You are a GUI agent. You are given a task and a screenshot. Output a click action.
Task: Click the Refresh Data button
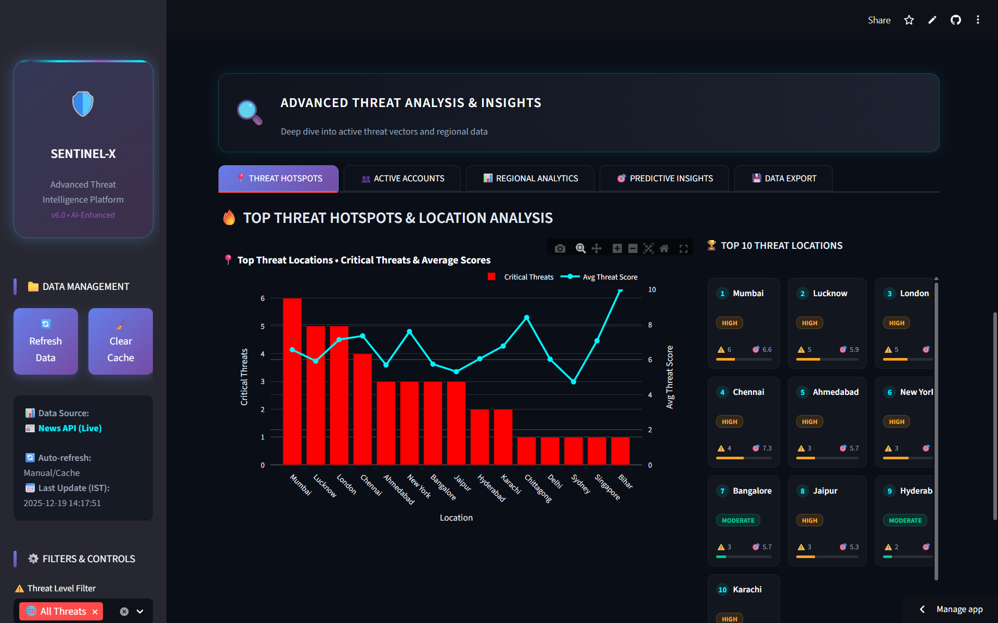(x=46, y=341)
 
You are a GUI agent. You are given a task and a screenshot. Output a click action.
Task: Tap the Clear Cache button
(x=121, y=341)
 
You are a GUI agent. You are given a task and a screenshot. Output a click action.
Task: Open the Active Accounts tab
(x=403, y=178)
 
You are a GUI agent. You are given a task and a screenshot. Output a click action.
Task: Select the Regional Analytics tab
(x=530, y=178)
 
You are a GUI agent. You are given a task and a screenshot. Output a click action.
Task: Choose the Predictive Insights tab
(x=665, y=178)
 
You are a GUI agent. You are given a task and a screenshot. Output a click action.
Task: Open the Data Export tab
(x=784, y=178)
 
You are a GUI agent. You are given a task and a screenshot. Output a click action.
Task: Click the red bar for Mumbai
(x=292, y=381)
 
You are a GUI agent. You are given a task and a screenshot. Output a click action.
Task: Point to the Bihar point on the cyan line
(x=620, y=290)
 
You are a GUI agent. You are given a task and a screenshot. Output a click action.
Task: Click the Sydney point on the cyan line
(x=574, y=382)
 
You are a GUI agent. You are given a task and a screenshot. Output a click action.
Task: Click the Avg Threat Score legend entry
(x=601, y=277)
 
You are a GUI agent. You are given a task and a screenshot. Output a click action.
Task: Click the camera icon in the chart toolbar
(x=560, y=248)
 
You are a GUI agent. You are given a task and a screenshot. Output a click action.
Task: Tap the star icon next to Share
(x=909, y=20)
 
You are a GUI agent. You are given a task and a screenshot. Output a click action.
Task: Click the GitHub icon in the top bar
(x=956, y=20)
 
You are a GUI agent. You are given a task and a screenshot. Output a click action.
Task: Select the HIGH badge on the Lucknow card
(x=809, y=323)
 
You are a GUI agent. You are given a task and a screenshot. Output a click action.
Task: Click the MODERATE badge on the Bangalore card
(x=738, y=520)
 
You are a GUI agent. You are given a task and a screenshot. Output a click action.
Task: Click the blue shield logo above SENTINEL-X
(x=83, y=104)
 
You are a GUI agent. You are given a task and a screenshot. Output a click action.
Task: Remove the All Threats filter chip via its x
(x=95, y=612)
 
